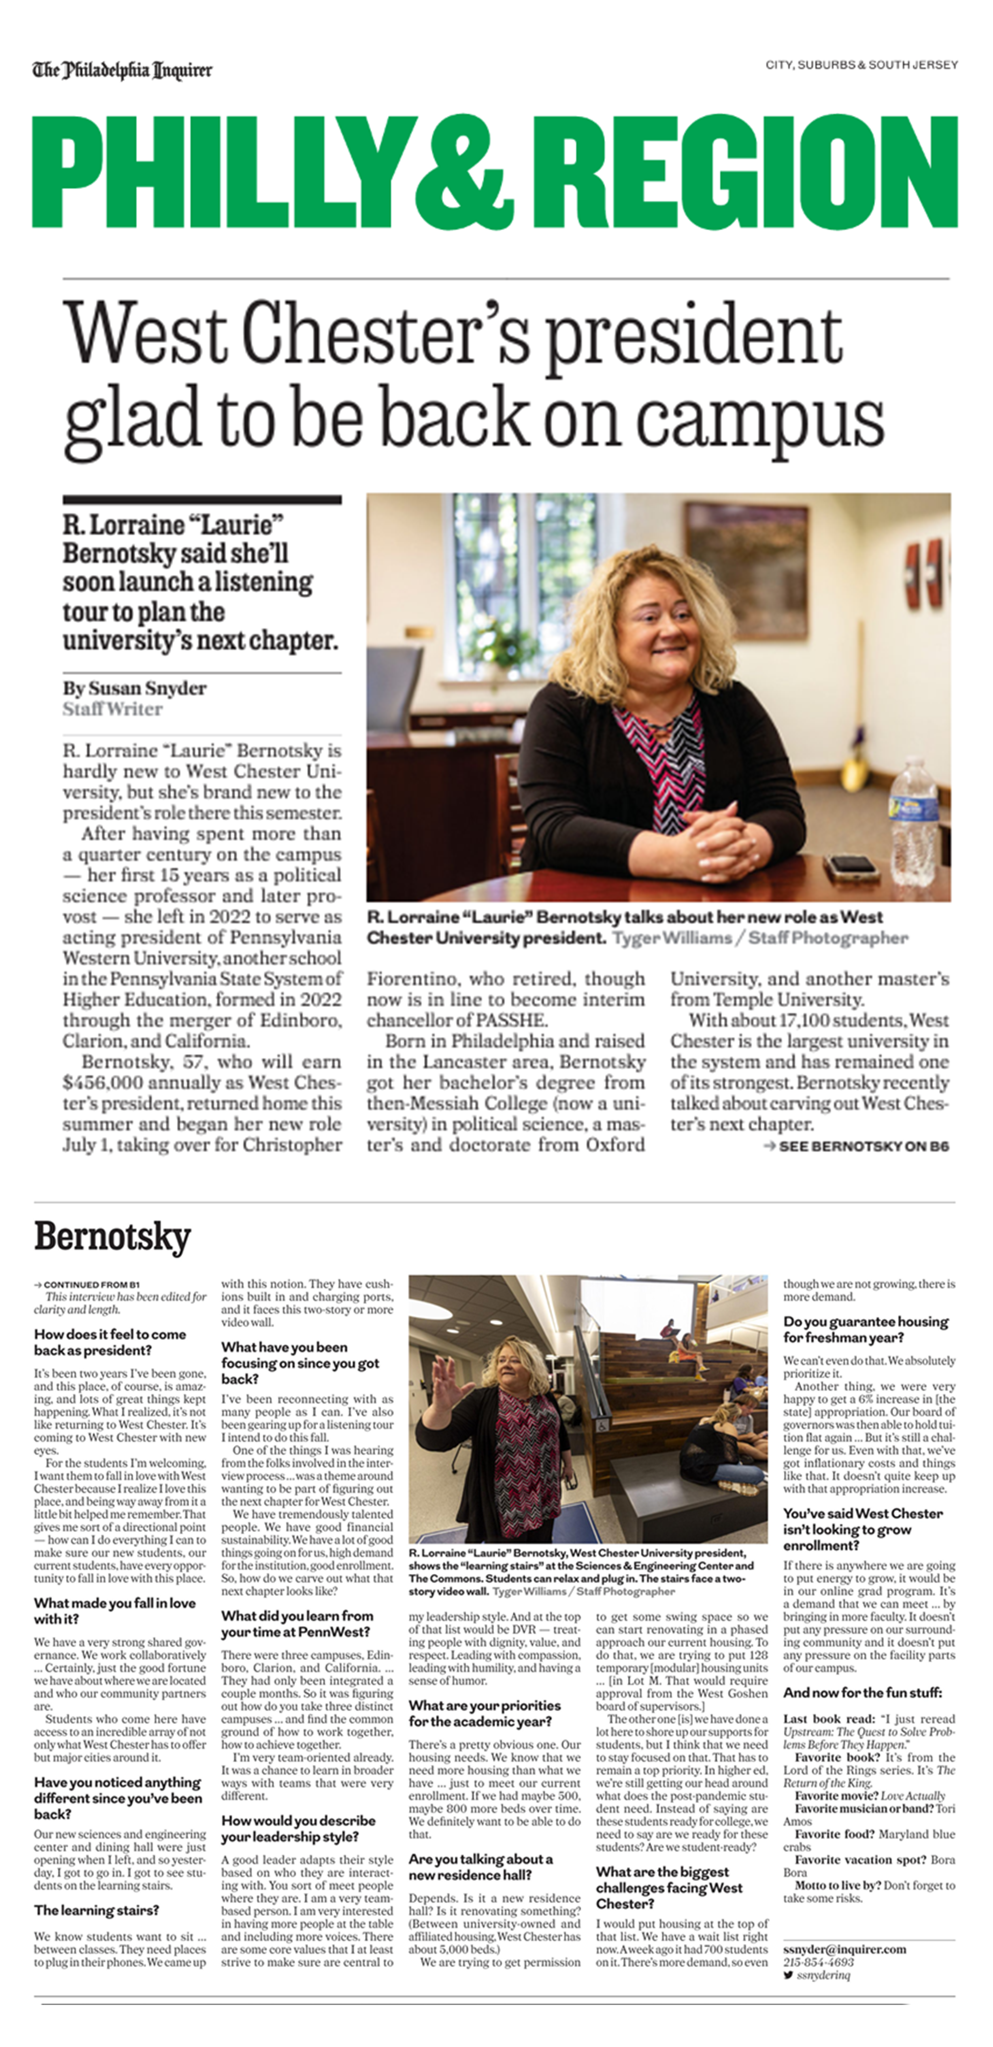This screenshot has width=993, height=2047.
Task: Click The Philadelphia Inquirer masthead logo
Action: coord(122,71)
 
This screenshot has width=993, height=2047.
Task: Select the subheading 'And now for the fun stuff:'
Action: coord(863,1692)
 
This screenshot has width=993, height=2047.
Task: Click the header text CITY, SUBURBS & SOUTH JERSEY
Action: coord(861,64)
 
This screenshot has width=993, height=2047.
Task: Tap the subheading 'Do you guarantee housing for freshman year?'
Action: coord(866,1329)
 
